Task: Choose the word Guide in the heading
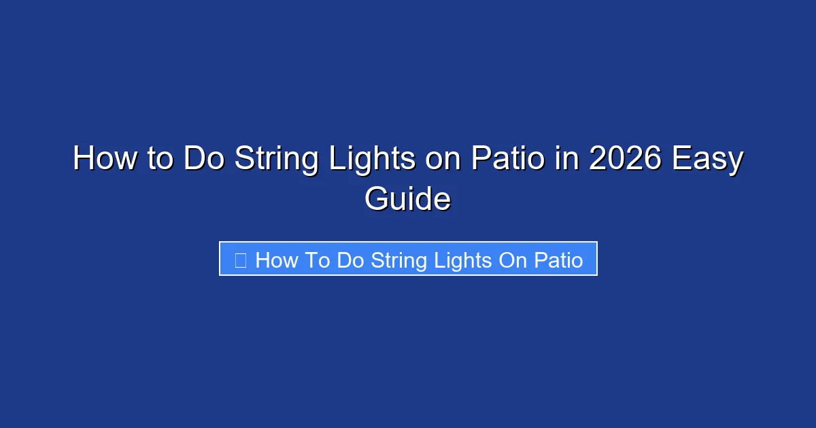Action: click(x=407, y=200)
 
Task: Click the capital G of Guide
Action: click(x=375, y=200)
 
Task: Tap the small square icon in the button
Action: click(x=241, y=260)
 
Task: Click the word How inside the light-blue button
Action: click(x=276, y=260)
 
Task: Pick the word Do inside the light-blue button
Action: click(x=351, y=260)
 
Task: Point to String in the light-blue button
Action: click(x=397, y=260)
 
